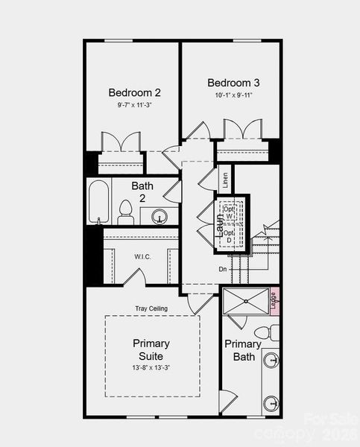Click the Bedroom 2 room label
click(134, 93)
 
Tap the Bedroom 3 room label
click(233, 83)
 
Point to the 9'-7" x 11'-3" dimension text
click(134, 106)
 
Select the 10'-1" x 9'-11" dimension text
click(233, 95)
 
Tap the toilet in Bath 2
click(125, 213)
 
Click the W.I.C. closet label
click(142, 257)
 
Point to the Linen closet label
click(224, 180)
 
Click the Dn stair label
click(222, 269)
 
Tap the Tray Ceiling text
click(151, 308)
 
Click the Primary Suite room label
click(151, 350)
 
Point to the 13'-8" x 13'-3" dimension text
click(151, 368)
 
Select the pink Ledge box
click(274, 302)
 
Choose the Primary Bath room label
click(243, 350)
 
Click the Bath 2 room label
click(143, 192)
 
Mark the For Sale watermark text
click(327, 420)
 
